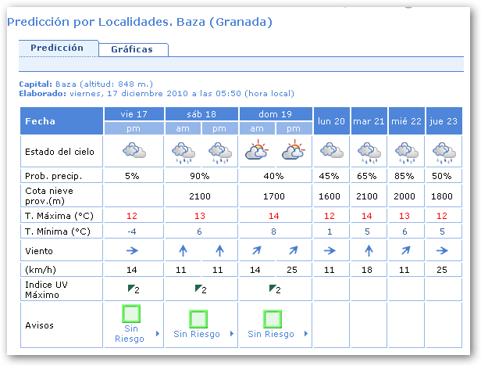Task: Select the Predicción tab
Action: coord(57,48)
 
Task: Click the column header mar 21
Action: coord(369,120)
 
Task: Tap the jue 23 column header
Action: coord(444,120)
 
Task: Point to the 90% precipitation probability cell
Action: coord(201,174)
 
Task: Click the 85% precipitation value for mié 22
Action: coord(406,174)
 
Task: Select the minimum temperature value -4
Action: coord(132,231)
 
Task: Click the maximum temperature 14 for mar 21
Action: coord(369,215)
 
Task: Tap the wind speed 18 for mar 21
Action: coord(369,269)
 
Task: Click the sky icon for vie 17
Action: coord(132,150)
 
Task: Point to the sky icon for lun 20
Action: coord(332,150)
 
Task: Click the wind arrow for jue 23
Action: coord(444,250)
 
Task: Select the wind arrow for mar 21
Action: coord(369,250)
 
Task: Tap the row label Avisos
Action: coord(40,325)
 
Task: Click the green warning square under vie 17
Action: coord(131,314)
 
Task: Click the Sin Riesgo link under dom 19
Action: coord(271,334)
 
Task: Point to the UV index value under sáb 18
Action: coord(201,289)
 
